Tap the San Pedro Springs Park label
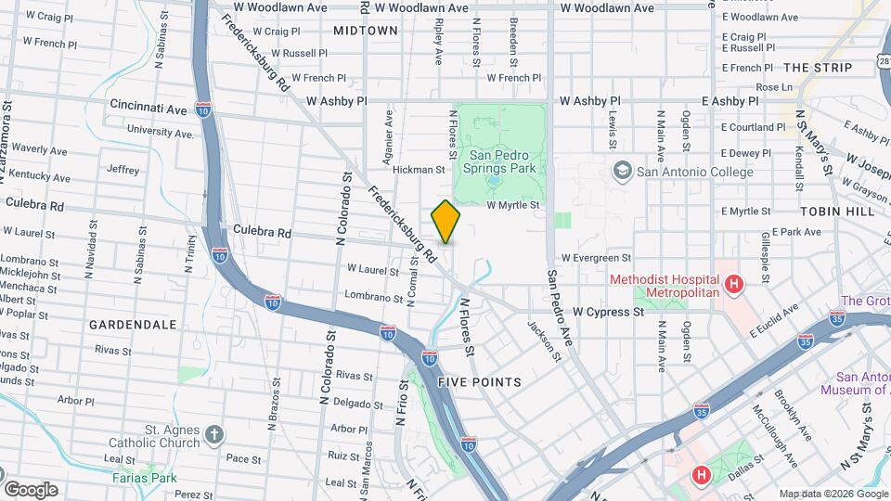(x=502, y=162)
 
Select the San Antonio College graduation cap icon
(x=621, y=171)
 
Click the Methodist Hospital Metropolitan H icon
(x=734, y=285)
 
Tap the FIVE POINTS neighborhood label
(x=479, y=382)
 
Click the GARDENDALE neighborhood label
(x=133, y=325)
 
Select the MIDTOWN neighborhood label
(x=366, y=31)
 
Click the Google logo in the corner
(x=30, y=489)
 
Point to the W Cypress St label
(x=608, y=313)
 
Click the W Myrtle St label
(x=512, y=204)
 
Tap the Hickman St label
(x=420, y=170)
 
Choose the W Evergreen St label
(x=595, y=258)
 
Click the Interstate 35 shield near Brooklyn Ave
(x=701, y=407)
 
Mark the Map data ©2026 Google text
(x=832, y=494)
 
